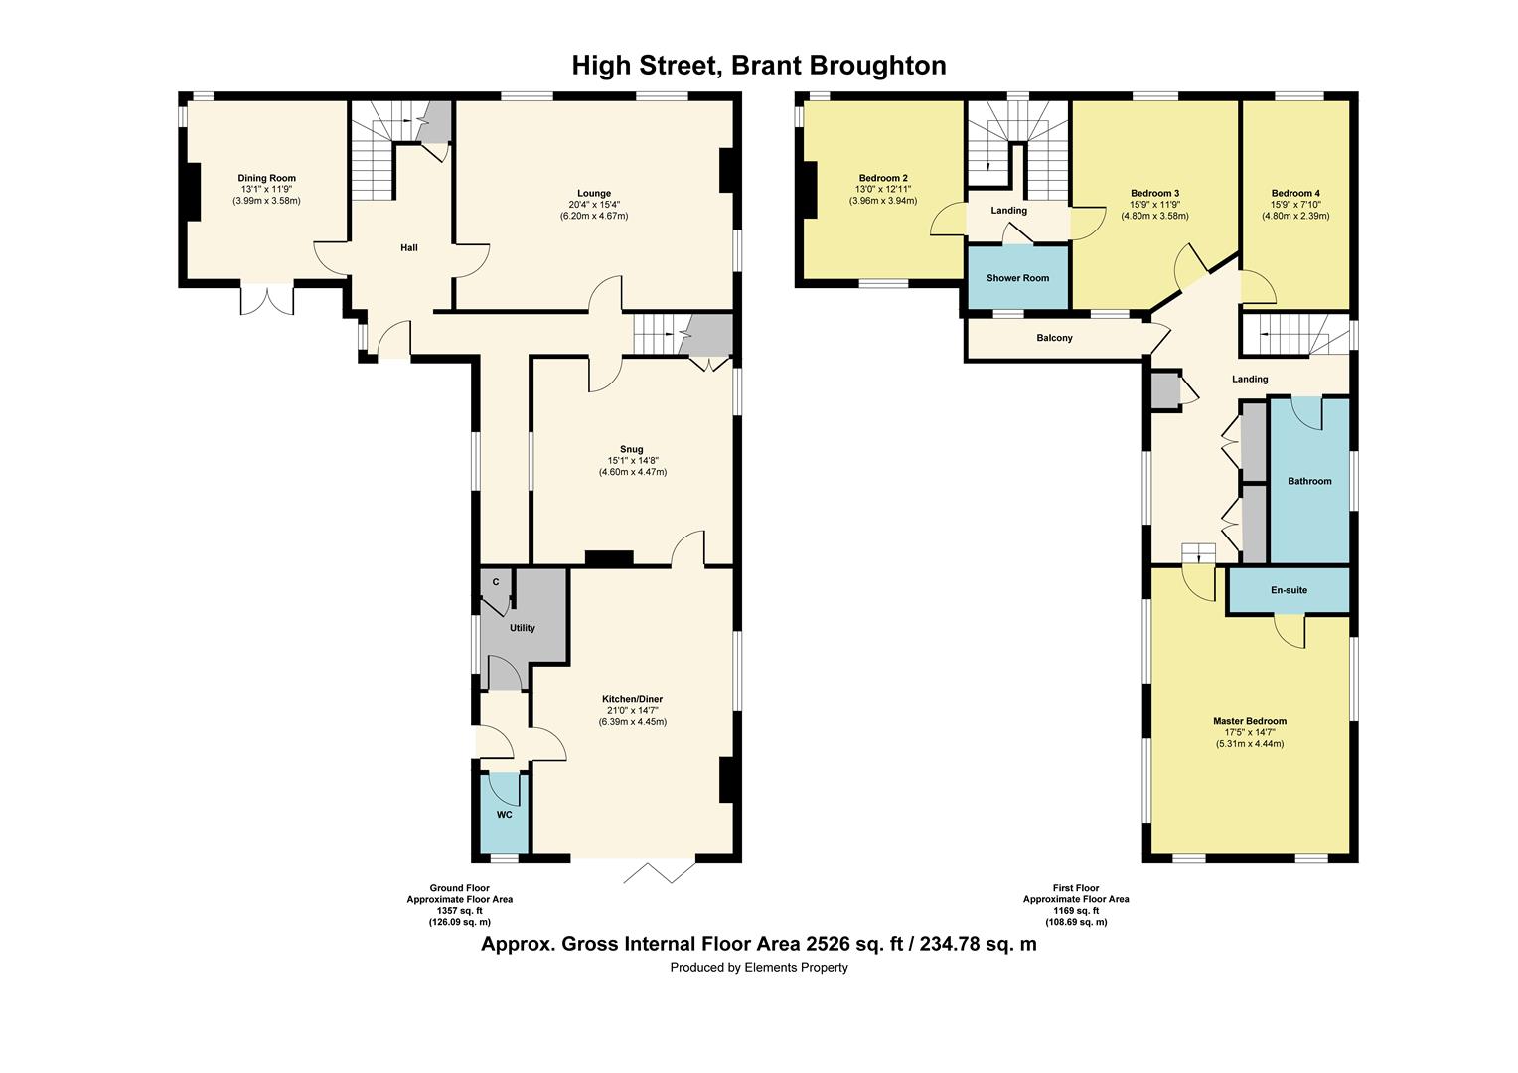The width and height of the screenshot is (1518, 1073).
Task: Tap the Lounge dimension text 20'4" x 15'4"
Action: tap(593, 205)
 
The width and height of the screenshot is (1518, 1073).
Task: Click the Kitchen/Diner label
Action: tap(632, 699)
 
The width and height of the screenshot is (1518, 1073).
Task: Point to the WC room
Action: tap(504, 815)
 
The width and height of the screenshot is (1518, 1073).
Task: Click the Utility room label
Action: tap(522, 628)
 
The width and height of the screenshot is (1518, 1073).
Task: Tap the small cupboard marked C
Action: tap(495, 582)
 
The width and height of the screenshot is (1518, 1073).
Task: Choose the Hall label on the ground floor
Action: tap(408, 247)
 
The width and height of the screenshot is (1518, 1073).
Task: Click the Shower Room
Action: tap(1017, 278)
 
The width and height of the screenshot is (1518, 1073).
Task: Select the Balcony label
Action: tap(1054, 338)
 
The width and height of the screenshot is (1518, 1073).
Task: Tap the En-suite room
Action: tap(1289, 590)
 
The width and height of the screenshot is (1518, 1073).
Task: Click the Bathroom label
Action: tap(1309, 481)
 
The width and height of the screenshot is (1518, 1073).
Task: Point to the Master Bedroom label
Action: tap(1249, 721)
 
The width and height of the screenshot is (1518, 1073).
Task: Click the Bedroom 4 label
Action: tap(1294, 193)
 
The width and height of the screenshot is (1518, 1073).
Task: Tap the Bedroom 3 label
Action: tap(1154, 193)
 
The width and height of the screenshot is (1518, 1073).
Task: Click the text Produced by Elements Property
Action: tap(758, 967)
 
